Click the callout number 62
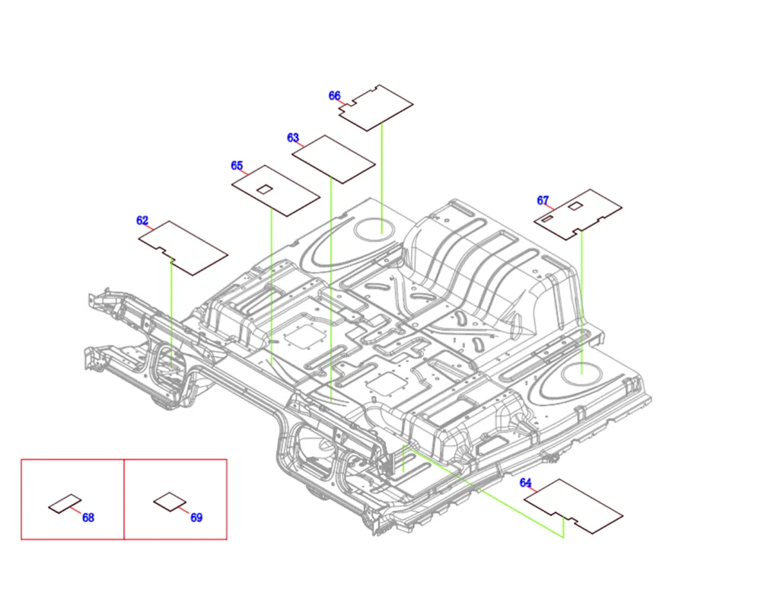click(x=142, y=221)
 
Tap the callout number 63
click(x=293, y=138)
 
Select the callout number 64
click(x=526, y=483)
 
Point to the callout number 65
click(x=237, y=166)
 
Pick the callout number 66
click(x=335, y=96)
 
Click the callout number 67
click(x=543, y=201)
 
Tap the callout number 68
click(x=88, y=518)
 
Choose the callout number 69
click(x=196, y=518)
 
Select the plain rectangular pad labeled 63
click(x=334, y=159)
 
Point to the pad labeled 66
click(x=378, y=104)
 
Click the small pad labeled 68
click(x=65, y=503)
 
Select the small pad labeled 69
click(x=169, y=502)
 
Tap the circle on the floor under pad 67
click(x=581, y=371)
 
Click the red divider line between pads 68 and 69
click(x=124, y=499)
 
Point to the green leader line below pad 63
click(x=332, y=289)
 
